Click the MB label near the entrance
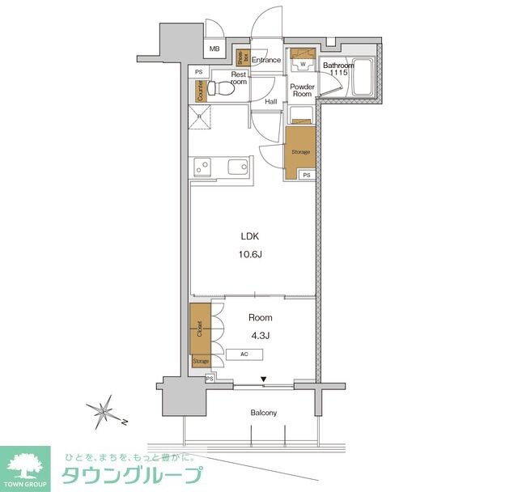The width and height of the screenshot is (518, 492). click(214, 49)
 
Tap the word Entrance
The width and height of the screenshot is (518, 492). click(265, 60)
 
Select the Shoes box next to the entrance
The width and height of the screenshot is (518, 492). click(241, 57)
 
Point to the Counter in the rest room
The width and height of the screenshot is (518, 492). click(199, 91)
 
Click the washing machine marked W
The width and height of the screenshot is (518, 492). click(303, 61)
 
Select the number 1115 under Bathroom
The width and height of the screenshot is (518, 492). click(338, 74)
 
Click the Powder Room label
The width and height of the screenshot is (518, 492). click(303, 90)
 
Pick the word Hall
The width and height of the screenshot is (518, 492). click(271, 101)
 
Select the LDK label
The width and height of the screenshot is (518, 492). click(250, 238)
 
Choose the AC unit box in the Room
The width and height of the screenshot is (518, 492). click(244, 354)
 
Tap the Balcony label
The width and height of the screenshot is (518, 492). click(263, 413)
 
